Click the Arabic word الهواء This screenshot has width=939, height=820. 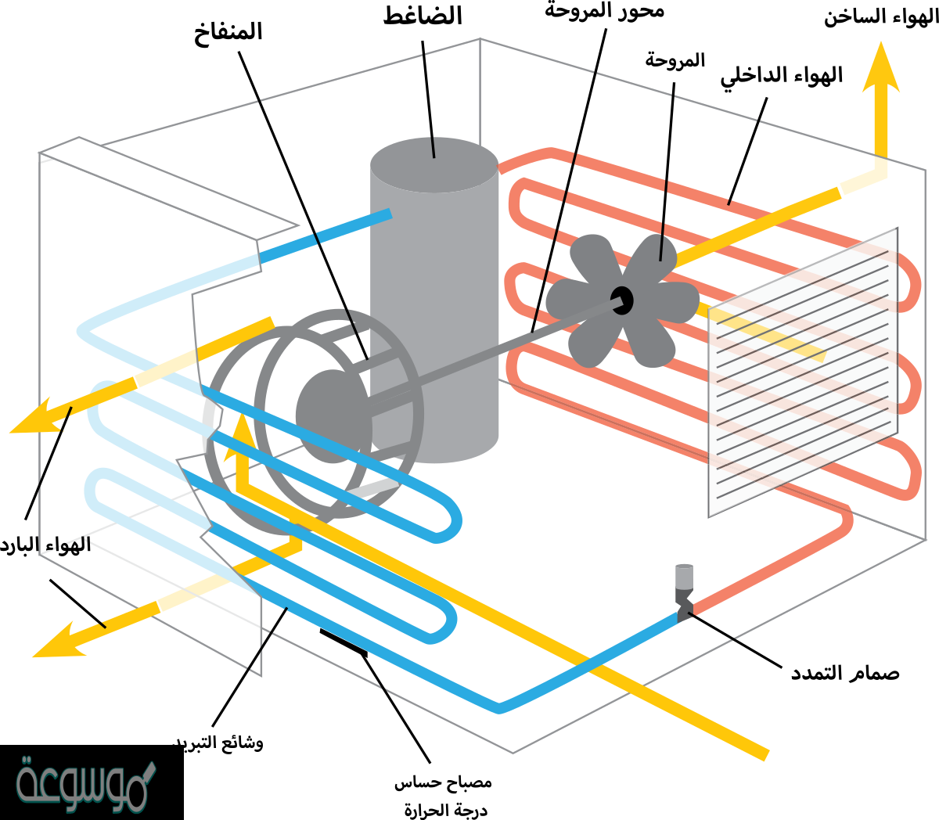click(x=68, y=545)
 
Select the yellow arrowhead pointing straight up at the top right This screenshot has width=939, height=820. click(x=881, y=70)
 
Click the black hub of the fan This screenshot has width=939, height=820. click(x=622, y=300)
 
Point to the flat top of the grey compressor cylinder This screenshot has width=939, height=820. click(x=434, y=164)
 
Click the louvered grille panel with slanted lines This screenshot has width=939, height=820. click(x=803, y=372)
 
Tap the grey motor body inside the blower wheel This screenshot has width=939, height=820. click(x=333, y=415)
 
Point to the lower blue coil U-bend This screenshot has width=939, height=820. click(x=443, y=622)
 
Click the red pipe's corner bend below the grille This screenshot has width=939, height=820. click(x=844, y=521)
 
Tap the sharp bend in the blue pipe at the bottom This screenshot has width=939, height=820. click(x=501, y=707)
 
